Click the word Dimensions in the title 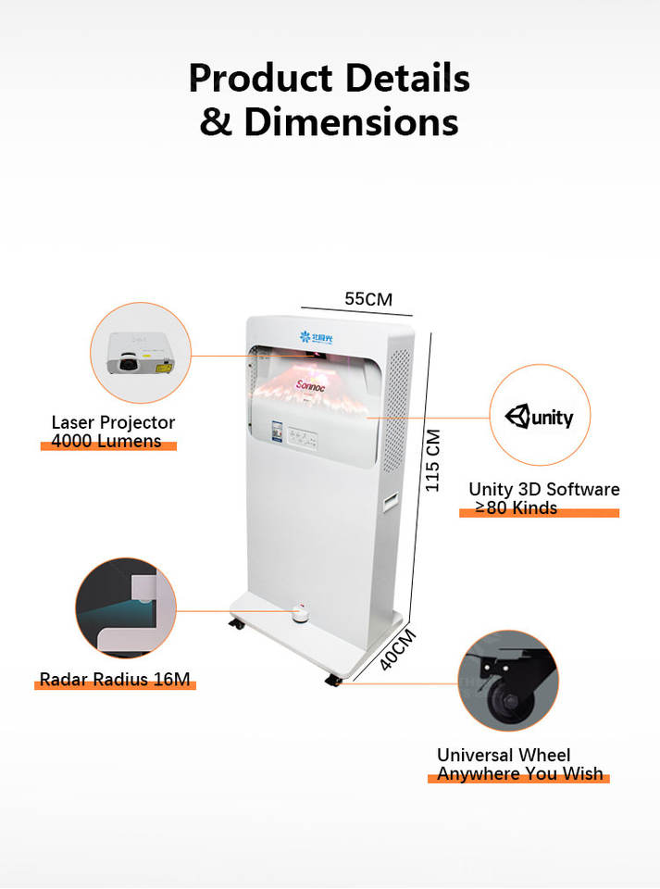pos(352,121)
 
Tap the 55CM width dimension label pos(368,299)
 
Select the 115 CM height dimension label pos(432,460)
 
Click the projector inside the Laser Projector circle pos(141,353)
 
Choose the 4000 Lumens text pos(106,441)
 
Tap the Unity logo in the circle pos(539,417)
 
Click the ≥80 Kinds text pos(517,507)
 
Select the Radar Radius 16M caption pos(115,680)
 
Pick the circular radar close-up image pos(126,607)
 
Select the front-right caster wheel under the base pos(333,681)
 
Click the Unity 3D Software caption pos(543,489)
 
